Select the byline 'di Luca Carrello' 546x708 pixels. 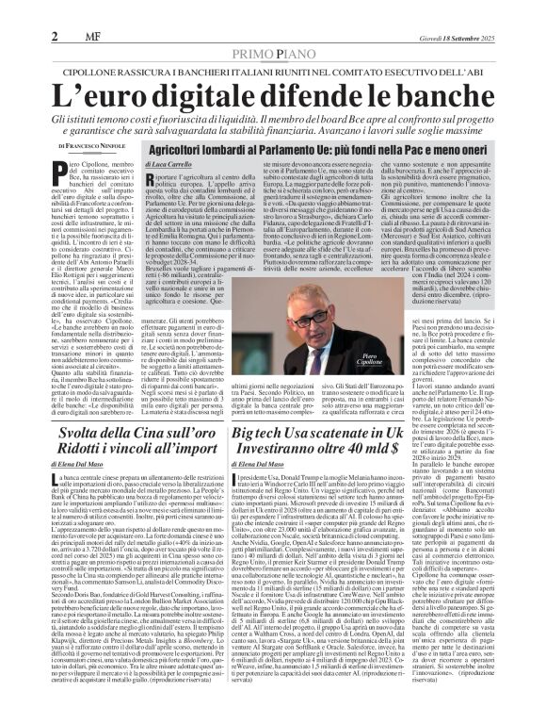(173, 165)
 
